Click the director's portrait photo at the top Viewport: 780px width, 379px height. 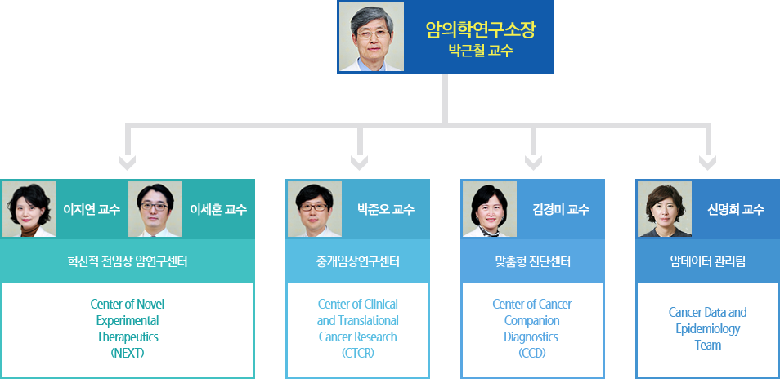click(x=371, y=37)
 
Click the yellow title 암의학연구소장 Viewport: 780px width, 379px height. click(x=481, y=29)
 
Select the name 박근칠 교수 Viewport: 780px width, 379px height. click(x=481, y=51)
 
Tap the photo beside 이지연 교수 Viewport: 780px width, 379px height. click(x=29, y=209)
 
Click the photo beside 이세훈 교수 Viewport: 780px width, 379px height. click(x=155, y=209)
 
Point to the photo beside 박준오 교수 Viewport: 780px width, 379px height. click(x=315, y=209)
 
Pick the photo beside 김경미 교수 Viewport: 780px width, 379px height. click(x=490, y=209)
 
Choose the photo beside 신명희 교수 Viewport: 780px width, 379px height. click(x=665, y=209)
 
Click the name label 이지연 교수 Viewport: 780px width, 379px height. click(x=92, y=210)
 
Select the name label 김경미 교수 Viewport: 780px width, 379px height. click(x=561, y=210)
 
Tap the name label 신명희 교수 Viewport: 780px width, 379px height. click(x=736, y=210)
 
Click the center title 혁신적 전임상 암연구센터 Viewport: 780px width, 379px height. click(x=128, y=261)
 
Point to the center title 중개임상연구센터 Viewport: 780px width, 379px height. click(x=357, y=261)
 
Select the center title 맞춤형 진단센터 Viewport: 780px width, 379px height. click(x=533, y=261)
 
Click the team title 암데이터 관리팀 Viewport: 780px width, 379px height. click(x=708, y=261)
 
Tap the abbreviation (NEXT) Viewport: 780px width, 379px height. click(x=128, y=353)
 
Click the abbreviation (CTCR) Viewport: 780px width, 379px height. click(x=357, y=353)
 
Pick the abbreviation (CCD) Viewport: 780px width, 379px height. click(x=532, y=353)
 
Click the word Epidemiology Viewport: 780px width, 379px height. click(x=708, y=329)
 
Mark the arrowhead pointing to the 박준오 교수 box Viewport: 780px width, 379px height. click(x=359, y=163)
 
